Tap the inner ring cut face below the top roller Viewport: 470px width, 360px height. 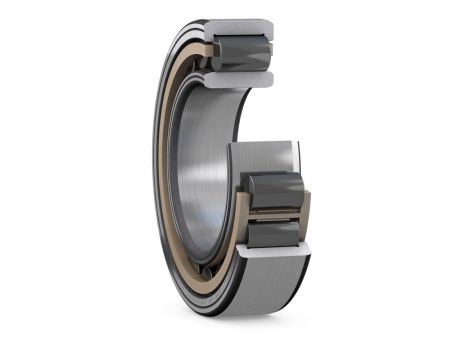tap(245, 76)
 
